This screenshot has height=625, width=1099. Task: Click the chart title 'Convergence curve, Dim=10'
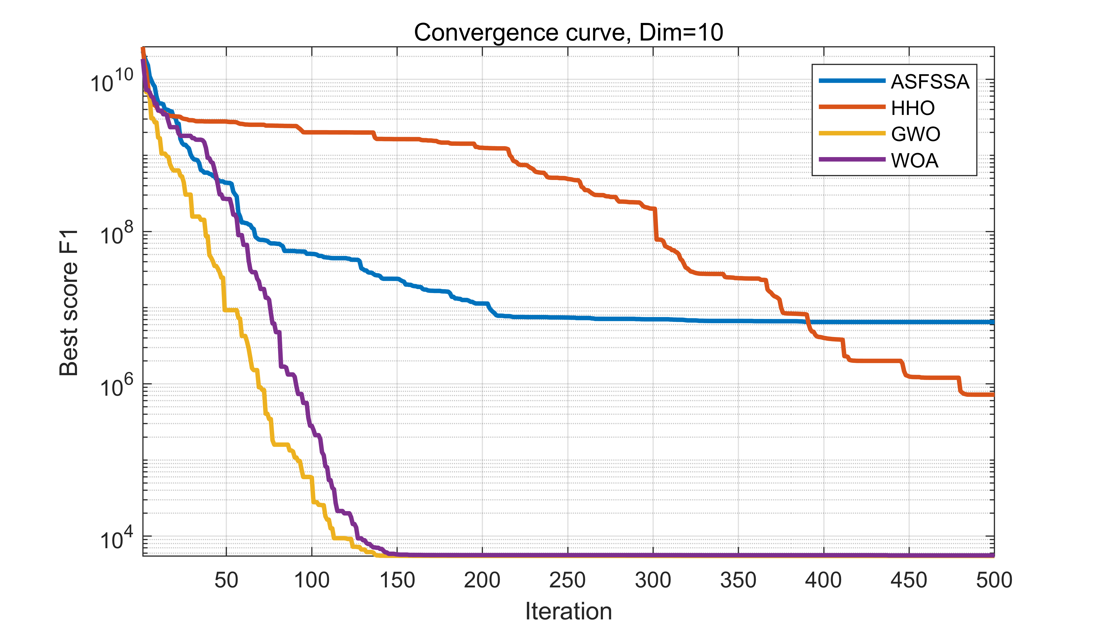point(568,33)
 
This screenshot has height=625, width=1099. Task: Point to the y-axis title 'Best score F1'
point(69,303)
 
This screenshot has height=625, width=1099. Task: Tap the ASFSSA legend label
point(930,82)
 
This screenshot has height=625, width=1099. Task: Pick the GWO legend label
point(915,134)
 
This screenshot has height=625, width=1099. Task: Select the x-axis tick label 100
point(312,580)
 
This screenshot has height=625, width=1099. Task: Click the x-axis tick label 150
point(397,580)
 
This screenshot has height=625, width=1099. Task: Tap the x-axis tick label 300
point(653,580)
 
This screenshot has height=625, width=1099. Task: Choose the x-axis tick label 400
point(823,580)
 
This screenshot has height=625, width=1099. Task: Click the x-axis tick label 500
point(994,580)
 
